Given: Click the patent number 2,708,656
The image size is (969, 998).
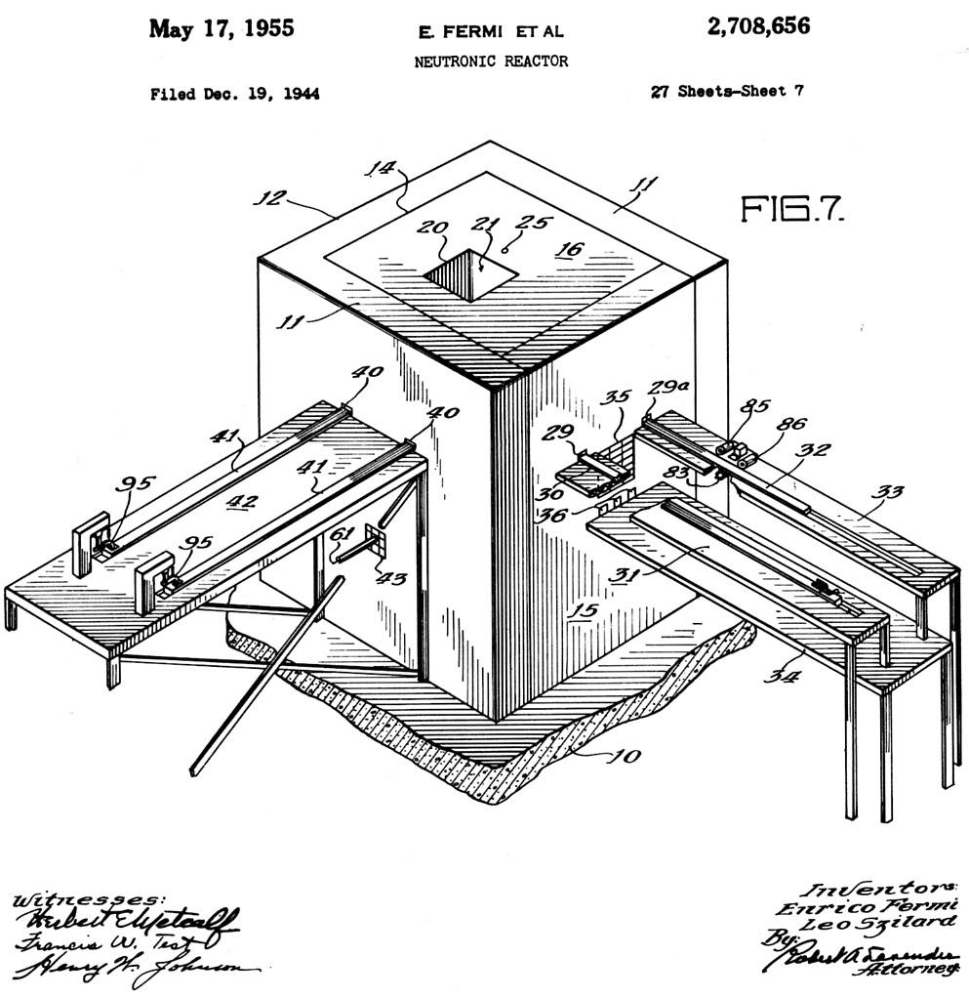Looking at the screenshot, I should coord(757,26).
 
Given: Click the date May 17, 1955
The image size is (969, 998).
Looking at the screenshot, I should coord(221,28).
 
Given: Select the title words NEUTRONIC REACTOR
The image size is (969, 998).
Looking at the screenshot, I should coord(491,62).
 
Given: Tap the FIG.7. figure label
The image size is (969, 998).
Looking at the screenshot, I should coord(791,209).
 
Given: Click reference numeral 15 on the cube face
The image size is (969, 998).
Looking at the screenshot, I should coord(583,611).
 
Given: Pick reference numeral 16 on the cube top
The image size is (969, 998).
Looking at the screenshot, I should coord(568,249).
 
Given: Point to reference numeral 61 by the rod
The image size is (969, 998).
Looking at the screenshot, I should coord(342,533).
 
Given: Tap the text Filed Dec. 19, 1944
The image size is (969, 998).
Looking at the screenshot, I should coord(234,95).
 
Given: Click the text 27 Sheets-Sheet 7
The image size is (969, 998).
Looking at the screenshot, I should coord(727,92).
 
